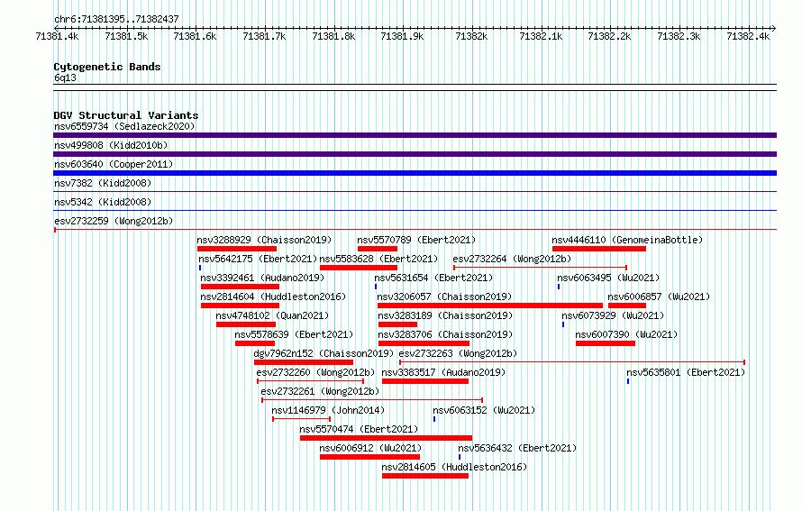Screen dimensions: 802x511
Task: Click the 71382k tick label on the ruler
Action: click(471, 36)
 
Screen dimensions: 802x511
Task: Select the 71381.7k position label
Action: click(264, 36)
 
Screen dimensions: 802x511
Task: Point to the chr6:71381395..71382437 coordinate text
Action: click(116, 19)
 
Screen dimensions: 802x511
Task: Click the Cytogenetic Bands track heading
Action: click(107, 67)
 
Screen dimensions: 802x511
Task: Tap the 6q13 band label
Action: click(65, 78)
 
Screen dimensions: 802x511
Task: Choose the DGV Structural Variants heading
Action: click(126, 115)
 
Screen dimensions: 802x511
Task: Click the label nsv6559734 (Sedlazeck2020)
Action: click(124, 126)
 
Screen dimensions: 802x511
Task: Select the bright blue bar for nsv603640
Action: click(415, 173)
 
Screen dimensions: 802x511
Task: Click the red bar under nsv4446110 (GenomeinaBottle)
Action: click(599, 249)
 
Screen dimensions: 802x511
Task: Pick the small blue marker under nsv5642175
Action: click(200, 268)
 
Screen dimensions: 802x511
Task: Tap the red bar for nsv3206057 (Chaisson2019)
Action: click(490, 306)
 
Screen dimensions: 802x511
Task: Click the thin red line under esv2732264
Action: click(540, 268)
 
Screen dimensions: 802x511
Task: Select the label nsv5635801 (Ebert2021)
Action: click(686, 372)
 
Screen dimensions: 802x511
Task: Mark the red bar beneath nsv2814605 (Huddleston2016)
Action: click(425, 476)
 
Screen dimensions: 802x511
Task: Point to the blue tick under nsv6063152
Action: click(434, 419)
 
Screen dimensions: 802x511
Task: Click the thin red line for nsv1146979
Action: click(301, 419)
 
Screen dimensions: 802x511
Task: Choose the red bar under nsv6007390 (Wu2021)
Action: click(606, 343)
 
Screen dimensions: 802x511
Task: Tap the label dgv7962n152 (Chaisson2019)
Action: click(324, 353)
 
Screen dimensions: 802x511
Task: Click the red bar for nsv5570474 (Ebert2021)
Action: click(387, 438)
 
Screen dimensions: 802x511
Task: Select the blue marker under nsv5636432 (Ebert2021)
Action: click(460, 457)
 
